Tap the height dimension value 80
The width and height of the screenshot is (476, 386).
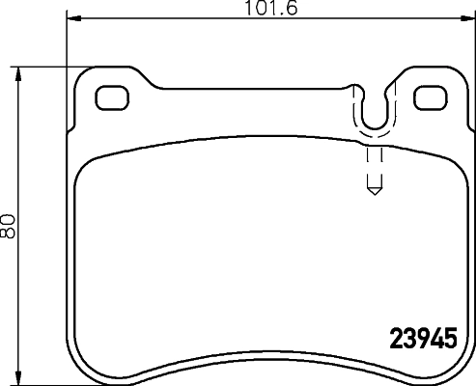pyautogui.click(x=9, y=227)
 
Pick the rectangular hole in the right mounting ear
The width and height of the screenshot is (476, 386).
pyautogui.click(x=429, y=97)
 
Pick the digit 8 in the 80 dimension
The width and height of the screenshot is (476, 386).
pyautogui.click(x=9, y=234)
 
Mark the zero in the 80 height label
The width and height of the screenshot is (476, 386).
pyautogui.click(x=9, y=220)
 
